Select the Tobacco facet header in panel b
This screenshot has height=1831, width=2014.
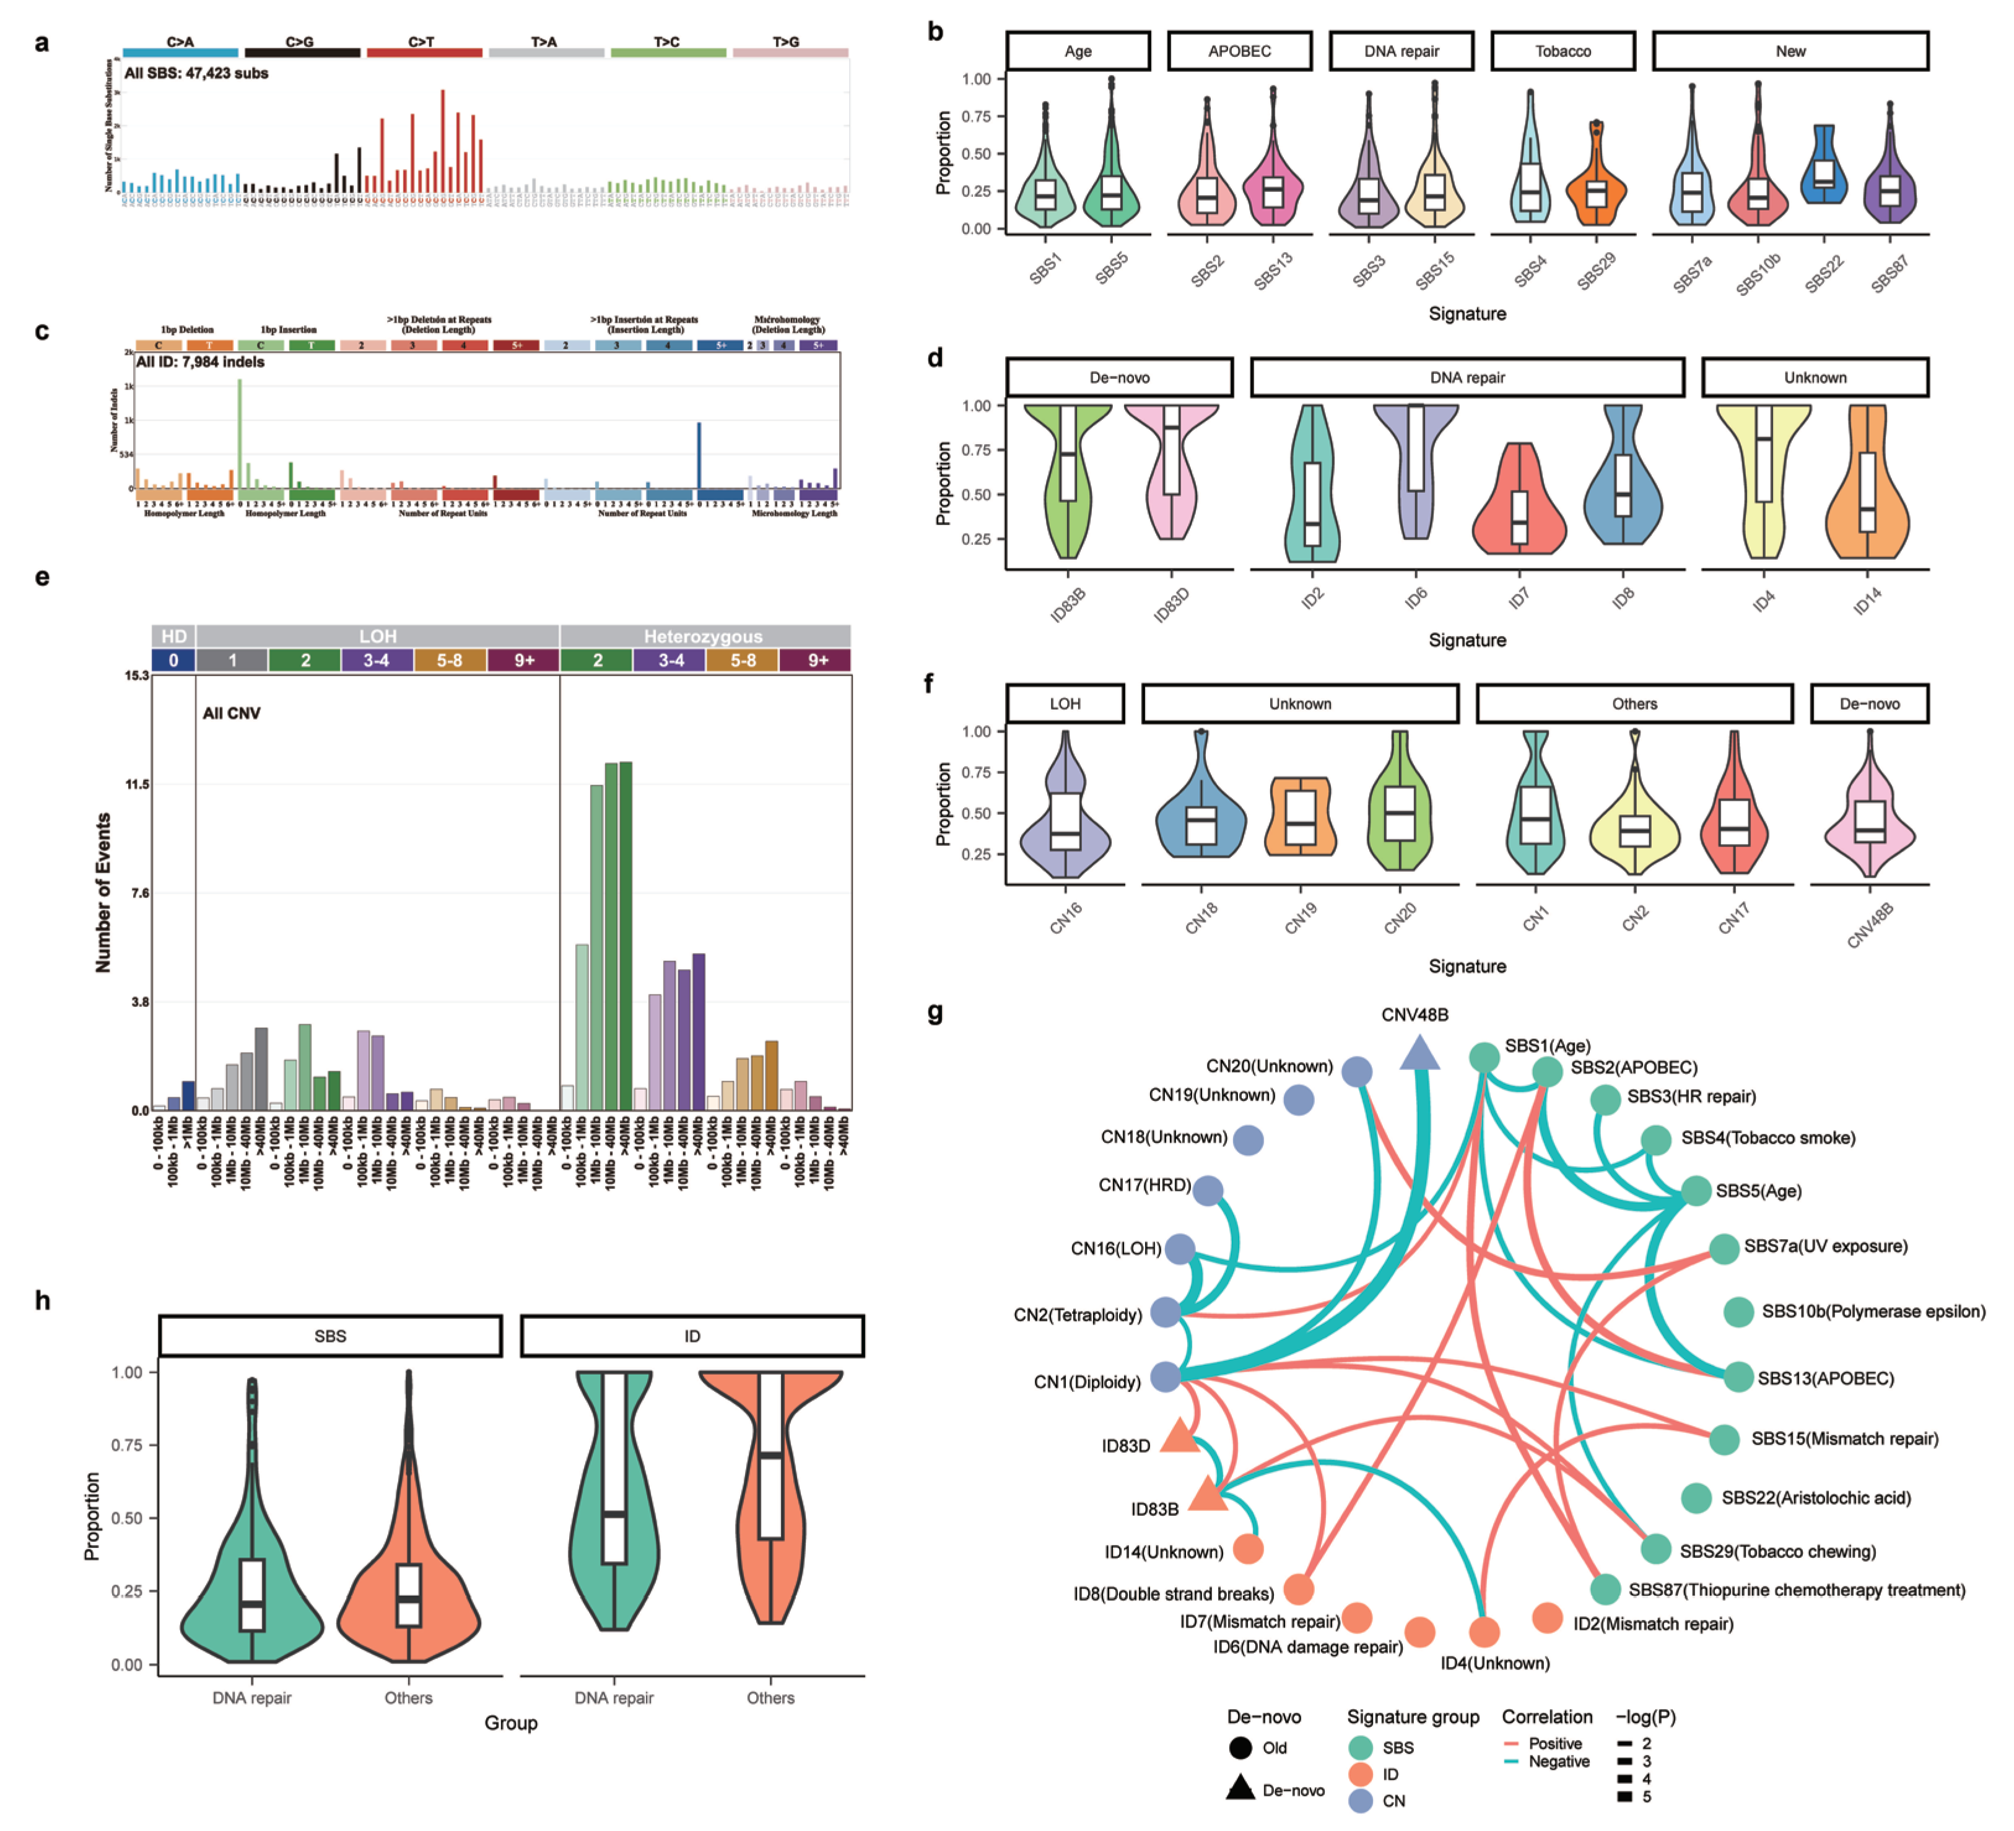[x=1563, y=51]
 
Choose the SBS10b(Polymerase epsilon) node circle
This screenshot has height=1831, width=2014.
[x=1738, y=1311]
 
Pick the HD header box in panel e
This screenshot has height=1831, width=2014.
[x=174, y=637]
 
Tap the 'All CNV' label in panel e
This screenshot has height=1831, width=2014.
[x=231, y=713]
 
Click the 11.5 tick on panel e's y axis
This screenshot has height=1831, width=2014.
[x=137, y=784]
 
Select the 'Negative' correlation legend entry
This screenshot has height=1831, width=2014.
[x=1558, y=1761]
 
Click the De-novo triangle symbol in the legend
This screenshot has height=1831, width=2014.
[x=1240, y=1788]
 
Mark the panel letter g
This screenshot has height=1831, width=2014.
[x=935, y=1013]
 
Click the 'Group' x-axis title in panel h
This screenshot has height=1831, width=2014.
[x=510, y=1723]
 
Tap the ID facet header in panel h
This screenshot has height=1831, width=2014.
[x=691, y=1336]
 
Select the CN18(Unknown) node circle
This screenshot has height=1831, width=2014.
[x=1248, y=1140]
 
